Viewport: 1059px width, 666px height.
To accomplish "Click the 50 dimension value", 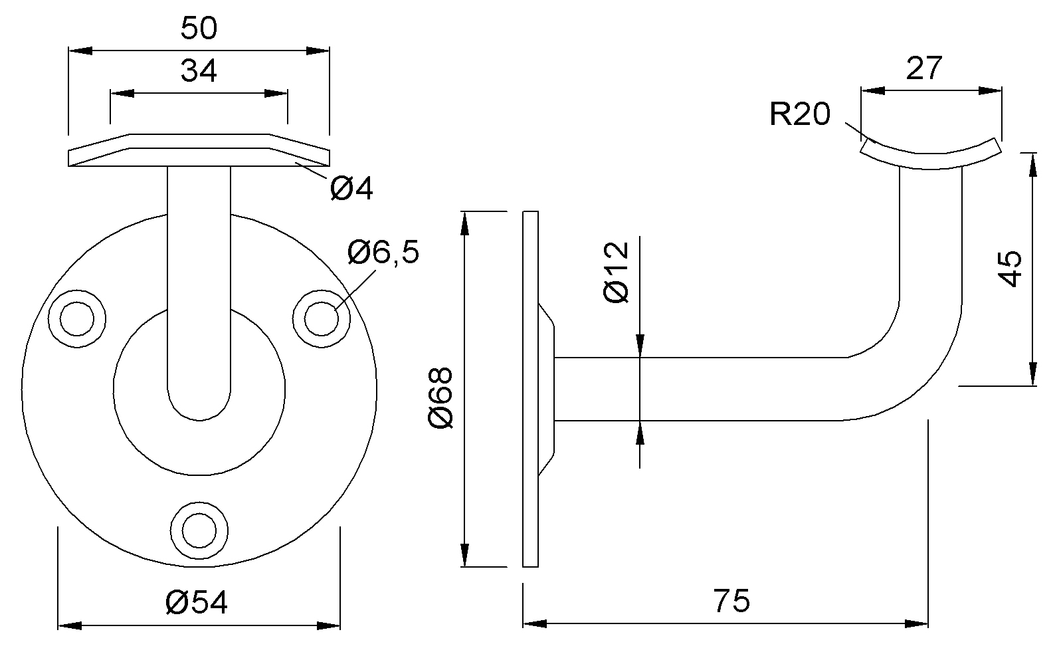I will pyautogui.click(x=199, y=29).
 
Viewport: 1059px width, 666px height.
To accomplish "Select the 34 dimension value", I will pyautogui.click(x=199, y=70).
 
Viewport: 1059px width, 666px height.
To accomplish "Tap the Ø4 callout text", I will pyautogui.click(x=351, y=189).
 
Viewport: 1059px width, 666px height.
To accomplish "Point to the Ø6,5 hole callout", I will pyautogui.click(x=383, y=253).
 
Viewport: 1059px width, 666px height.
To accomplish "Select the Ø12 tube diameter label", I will pyautogui.click(x=616, y=273).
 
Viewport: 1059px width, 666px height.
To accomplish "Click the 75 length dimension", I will pyautogui.click(x=732, y=601).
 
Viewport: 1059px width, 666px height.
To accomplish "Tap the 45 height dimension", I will pyautogui.click(x=1011, y=269).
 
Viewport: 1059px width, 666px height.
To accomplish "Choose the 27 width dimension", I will pyautogui.click(x=924, y=68).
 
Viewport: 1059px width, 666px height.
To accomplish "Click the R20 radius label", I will pyautogui.click(x=800, y=114).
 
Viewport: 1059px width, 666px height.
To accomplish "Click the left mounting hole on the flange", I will pyautogui.click(x=77, y=318).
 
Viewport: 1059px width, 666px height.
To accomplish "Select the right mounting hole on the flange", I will pyautogui.click(x=322, y=318).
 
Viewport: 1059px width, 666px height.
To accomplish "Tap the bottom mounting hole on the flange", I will pyautogui.click(x=199, y=530).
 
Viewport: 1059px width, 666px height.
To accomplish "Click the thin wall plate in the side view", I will pyautogui.click(x=530, y=389).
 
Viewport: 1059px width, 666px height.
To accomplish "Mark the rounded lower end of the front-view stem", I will pyautogui.click(x=199, y=405).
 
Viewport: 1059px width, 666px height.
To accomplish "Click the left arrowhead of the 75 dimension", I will pyautogui.click(x=535, y=623).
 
